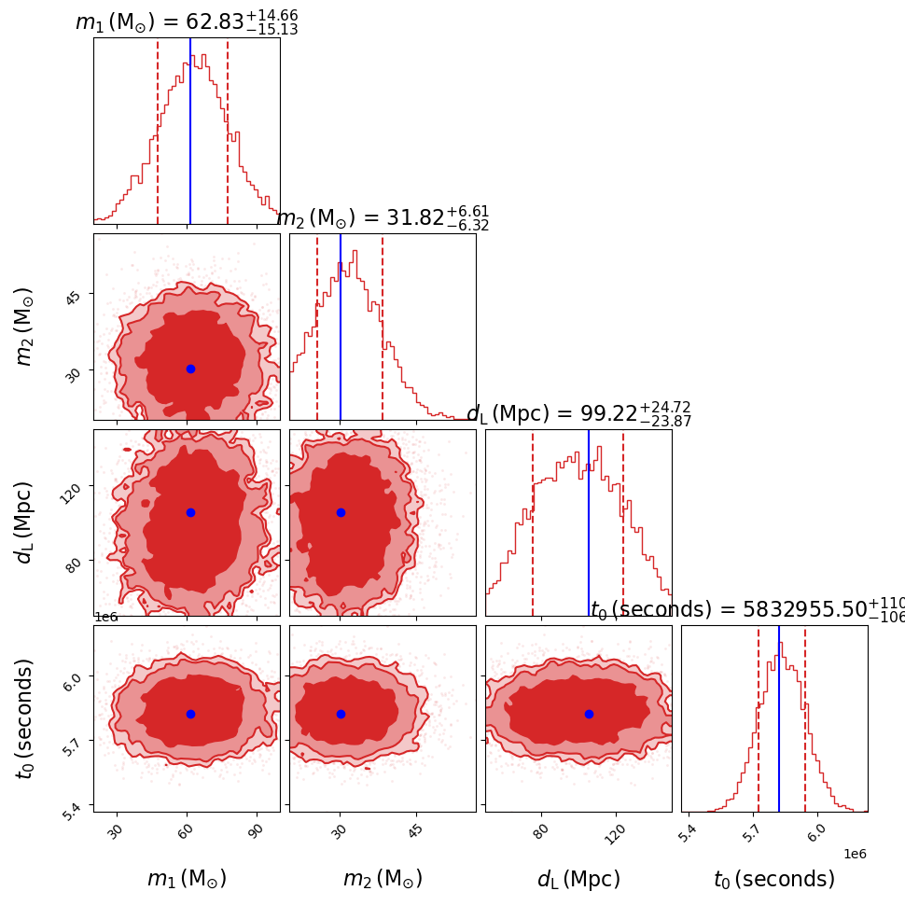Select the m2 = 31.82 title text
tap(383, 218)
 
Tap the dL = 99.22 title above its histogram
tap(578, 414)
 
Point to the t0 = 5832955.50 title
tap(746, 610)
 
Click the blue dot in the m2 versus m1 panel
tap(190, 369)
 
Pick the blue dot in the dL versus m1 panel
tap(190, 512)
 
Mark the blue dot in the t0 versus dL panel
tap(589, 714)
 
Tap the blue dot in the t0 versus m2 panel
tap(341, 714)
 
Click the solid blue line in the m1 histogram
tap(190, 131)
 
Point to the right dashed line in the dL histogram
tap(623, 522)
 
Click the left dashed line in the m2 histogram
tap(317, 327)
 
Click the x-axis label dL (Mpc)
tap(578, 879)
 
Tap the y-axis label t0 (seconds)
tap(25, 718)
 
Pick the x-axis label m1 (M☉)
tap(187, 879)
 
